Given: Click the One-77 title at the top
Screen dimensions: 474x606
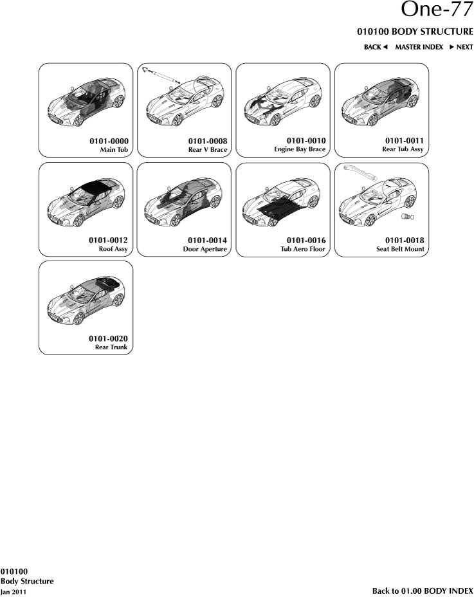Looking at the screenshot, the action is (437, 9).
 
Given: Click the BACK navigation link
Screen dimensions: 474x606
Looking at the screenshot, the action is (376, 47).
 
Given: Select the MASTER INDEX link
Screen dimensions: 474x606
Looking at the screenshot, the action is (419, 47).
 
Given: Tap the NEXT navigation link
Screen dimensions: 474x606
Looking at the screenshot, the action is (461, 47).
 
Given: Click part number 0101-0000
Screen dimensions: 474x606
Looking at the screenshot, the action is (109, 142).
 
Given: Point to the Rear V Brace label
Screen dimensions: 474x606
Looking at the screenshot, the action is (208, 150).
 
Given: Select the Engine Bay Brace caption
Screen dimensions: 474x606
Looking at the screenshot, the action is (300, 149).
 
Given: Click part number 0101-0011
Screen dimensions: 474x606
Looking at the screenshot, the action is (404, 141).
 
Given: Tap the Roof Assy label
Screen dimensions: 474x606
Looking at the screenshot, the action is (113, 249).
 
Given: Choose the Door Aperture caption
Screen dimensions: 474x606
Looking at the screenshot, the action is (205, 249).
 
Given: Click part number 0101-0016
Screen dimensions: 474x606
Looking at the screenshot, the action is (306, 241).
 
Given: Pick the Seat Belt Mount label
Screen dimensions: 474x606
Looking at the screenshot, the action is (400, 249).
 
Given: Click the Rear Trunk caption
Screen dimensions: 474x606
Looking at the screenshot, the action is (111, 347).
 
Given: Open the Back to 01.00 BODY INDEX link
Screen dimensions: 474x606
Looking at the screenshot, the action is (423, 591).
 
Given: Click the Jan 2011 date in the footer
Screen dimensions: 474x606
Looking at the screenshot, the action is (14, 592).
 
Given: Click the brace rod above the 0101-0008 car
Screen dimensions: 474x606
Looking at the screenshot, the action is (161, 75).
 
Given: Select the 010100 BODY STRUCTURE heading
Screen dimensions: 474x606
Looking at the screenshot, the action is (415, 32).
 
